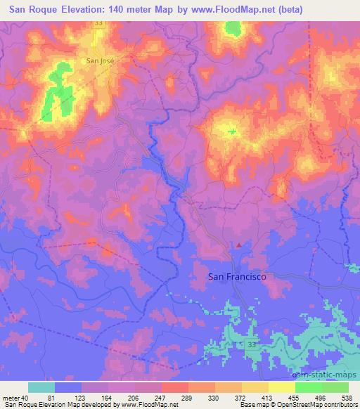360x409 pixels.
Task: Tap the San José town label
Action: coord(99,60)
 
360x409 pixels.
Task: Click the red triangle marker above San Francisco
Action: coord(239,245)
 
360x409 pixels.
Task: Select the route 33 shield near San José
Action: coord(98,23)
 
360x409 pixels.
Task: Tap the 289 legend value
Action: coord(187,398)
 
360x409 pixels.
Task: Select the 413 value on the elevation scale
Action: coord(268,398)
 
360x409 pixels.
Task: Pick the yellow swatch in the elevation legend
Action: coord(282,387)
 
